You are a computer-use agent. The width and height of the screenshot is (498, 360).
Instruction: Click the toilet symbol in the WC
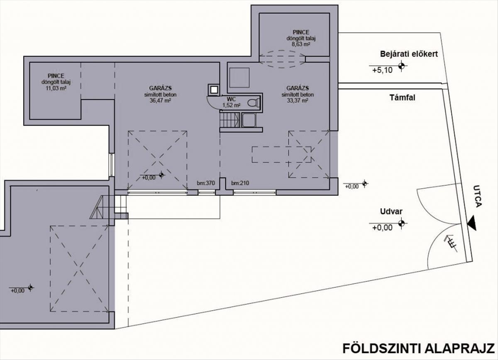[254, 103]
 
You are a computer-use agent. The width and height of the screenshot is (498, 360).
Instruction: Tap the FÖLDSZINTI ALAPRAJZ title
[418, 348]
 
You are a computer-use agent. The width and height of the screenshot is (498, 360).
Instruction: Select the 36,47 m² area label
[160, 101]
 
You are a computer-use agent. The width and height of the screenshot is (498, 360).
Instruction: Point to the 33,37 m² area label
[298, 101]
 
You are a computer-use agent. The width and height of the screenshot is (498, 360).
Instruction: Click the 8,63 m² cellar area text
[301, 44]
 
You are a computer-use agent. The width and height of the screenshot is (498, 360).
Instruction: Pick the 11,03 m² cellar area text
[56, 88]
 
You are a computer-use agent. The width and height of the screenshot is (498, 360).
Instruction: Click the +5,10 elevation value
[382, 70]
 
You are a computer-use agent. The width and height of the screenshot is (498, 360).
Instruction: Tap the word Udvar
[391, 212]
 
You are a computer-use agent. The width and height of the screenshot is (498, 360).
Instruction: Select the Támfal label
[402, 97]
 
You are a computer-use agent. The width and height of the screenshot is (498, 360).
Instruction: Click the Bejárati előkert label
[409, 54]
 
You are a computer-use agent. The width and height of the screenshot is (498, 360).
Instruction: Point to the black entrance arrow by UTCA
[472, 223]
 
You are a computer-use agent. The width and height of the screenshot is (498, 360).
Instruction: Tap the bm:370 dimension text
[206, 183]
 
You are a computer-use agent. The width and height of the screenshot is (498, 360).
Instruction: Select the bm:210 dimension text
[240, 183]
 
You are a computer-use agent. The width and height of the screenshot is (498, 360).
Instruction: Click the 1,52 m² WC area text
[232, 105]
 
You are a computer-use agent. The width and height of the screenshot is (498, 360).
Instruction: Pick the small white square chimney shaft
[214, 90]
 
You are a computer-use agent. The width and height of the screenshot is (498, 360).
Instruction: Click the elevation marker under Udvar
[401, 223]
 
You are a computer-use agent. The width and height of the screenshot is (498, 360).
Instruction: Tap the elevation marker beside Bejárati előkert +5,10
[401, 66]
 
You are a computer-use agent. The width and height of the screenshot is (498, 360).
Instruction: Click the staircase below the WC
[229, 120]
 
